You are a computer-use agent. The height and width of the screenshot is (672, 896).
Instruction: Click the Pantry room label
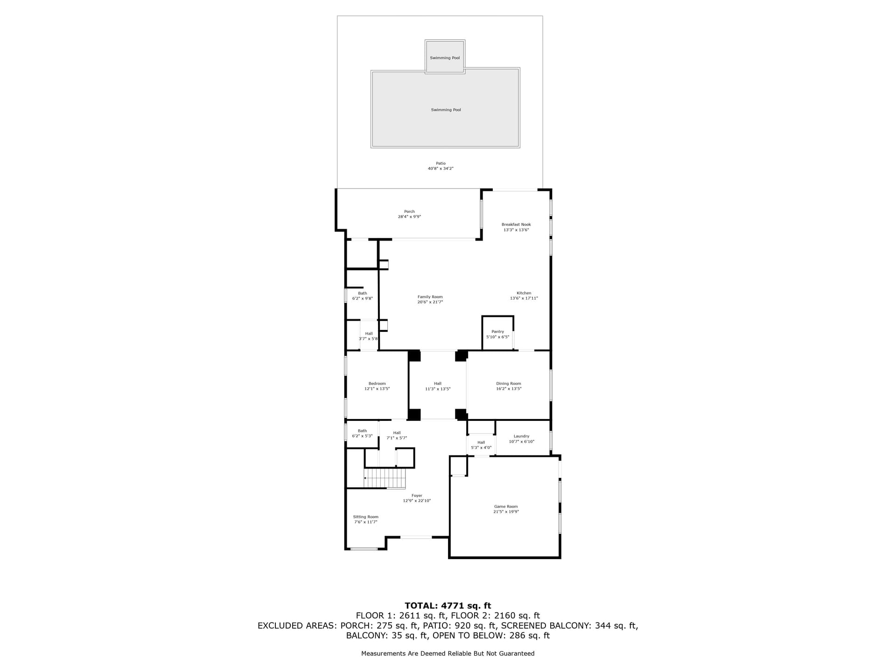tap(497, 332)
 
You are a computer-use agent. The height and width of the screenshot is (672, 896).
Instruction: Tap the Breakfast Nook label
tap(516, 224)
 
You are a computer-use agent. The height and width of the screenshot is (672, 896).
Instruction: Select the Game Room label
tap(506, 506)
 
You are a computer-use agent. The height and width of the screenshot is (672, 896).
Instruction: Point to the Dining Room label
tap(509, 384)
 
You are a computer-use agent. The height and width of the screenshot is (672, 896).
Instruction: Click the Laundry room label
tap(521, 436)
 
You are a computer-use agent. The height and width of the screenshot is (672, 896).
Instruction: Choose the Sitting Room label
tap(365, 517)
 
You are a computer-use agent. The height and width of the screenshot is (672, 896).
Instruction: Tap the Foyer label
tap(417, 496)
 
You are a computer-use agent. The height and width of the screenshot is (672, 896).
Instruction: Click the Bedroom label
tap(377, 384)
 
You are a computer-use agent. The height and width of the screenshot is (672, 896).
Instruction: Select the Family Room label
tap(430, 297)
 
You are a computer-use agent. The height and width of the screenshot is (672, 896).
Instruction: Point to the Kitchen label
tap(524, 293)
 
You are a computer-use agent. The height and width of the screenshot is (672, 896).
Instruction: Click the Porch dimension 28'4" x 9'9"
tap(409, 217)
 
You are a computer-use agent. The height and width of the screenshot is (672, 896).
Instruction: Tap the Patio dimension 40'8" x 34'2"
tap(441, 168)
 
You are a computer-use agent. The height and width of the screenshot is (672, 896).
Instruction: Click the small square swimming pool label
tap(445, 58)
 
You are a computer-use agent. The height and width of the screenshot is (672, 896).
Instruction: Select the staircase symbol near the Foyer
tap(385, 478)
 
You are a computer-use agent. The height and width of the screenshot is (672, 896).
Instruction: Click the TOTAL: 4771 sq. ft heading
tap(448, 606)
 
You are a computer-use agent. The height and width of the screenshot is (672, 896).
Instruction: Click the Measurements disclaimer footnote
tap(448, 653)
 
